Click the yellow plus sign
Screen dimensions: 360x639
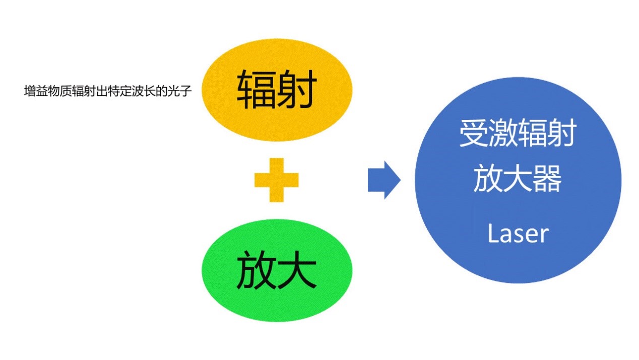[276, 179]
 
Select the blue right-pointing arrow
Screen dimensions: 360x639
[384, 180]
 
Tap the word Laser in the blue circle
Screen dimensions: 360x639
[518, 234]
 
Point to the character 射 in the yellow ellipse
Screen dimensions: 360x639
[297, 90]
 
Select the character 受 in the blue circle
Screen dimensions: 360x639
[474, 134]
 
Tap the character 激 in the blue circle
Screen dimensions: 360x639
[503, 134]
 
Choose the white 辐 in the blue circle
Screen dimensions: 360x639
[533, 134]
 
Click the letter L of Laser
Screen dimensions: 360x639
[492, 234]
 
